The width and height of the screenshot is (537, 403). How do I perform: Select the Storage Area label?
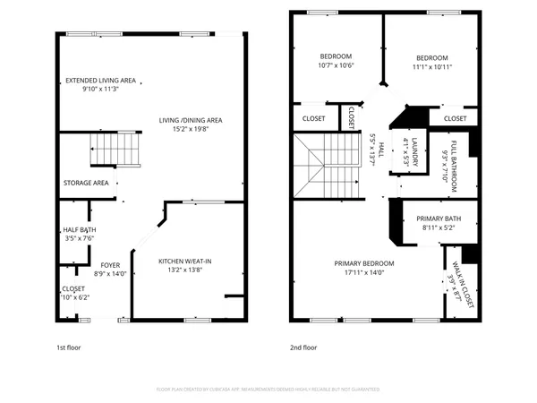86,183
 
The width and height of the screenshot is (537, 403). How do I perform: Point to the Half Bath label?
80,229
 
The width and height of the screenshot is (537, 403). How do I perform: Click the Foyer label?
110,265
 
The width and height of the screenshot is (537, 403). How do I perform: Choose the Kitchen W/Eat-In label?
186,262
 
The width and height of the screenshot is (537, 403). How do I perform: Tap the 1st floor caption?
69,347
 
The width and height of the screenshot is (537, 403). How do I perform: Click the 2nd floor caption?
303,347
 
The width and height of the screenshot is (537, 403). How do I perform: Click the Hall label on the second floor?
381,150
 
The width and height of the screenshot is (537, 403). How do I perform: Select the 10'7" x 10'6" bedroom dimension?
336,64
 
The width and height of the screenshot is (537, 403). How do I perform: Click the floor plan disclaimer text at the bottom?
268,390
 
